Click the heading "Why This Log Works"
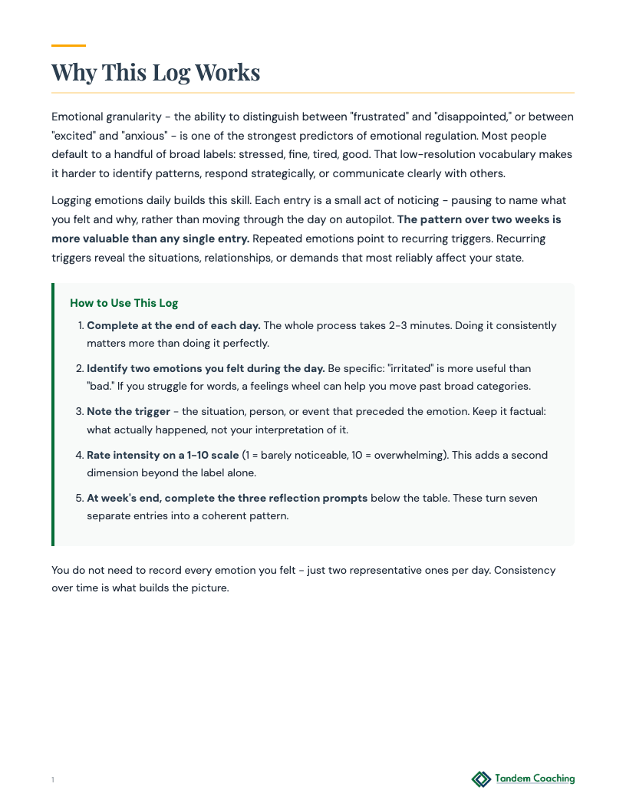point(156,72)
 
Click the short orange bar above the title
point(68,45)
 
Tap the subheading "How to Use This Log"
point(124,303)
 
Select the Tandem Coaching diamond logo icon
point(481,779)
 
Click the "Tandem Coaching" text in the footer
point(535,779)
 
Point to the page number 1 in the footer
point(53,780)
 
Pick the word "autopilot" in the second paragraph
point(363,219)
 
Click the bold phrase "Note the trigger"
point(128,412)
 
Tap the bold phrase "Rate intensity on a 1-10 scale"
point(163,455)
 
